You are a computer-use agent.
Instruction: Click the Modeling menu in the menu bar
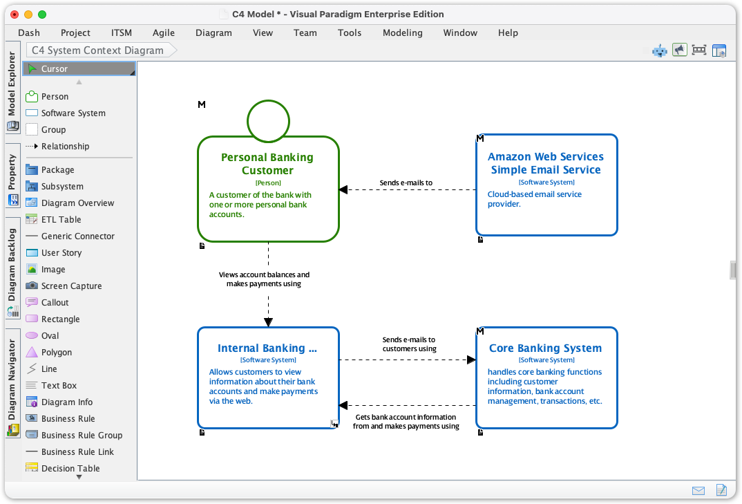402,32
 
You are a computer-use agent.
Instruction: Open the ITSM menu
121,32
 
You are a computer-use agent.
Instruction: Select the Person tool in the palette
54,97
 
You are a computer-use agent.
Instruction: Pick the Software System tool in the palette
73,113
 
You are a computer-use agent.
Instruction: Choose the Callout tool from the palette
55,303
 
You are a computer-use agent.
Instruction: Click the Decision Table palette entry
70,469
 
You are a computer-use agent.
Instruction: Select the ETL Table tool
61,220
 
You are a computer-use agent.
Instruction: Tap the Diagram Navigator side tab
12,380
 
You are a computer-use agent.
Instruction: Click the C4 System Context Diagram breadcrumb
97,50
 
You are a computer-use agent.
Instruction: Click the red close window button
15,14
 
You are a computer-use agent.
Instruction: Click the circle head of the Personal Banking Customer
268,121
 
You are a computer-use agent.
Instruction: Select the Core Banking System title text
545,348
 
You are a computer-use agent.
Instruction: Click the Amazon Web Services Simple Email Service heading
545,163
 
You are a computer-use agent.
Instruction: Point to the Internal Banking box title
267,348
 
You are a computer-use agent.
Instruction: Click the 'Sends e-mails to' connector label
406,183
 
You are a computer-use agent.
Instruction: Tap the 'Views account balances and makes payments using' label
264,279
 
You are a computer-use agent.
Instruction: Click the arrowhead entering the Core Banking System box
471,360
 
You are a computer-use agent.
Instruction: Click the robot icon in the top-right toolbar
660,50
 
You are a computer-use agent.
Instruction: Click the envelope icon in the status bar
698,490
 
